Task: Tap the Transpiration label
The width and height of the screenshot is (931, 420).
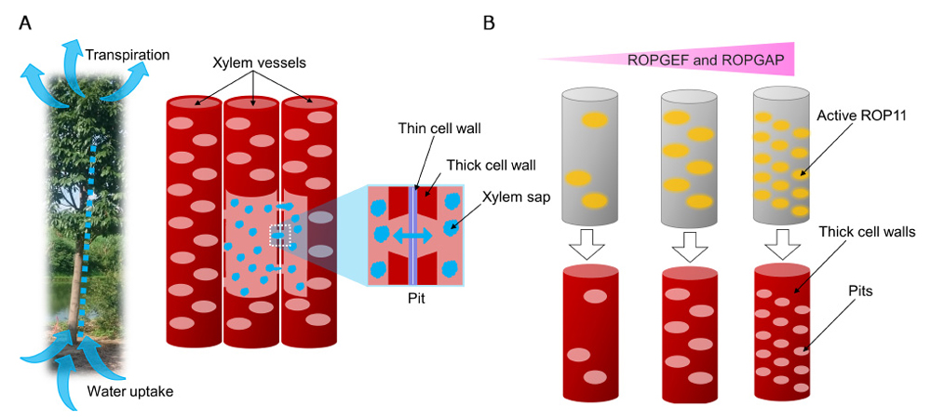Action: pos(128,55)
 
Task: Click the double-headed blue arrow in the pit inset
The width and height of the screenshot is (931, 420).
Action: pos(417,237)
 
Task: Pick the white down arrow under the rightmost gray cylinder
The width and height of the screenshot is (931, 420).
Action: pos(781,246)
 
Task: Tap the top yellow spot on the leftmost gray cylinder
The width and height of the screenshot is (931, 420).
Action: pos(591,119)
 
